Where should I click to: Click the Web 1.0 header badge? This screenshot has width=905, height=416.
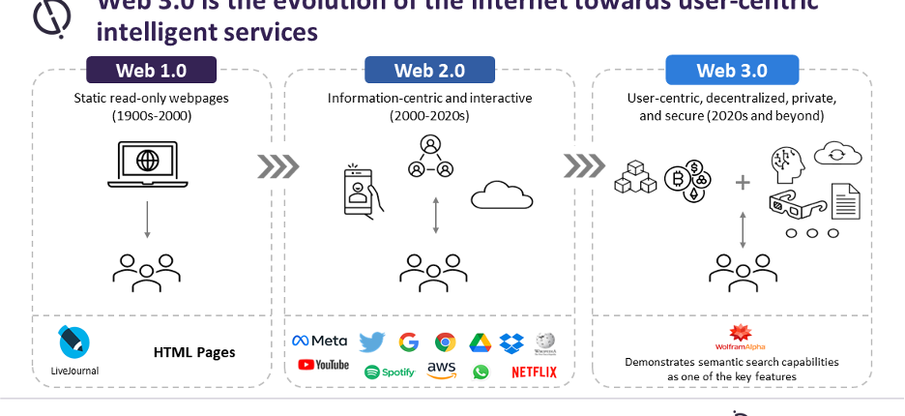click(x=151, y=70)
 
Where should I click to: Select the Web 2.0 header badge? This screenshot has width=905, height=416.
click(x=429, y=70)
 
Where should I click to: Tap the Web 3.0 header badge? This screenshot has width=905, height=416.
click(x=732, y=70)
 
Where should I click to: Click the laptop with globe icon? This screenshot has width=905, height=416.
click(x=147, y=165)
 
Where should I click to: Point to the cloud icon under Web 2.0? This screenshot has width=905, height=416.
click(x=502, y=196)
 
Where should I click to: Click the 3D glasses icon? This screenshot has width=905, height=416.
click(x=796, y=204)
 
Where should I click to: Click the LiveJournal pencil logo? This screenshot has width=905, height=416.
click(x=74, y=342)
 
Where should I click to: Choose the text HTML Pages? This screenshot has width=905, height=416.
click(x=193, y=352)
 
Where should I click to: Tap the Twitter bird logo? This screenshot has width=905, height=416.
click(x=371, y=342)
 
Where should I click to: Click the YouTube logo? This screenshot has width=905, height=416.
click(x=323, y=365)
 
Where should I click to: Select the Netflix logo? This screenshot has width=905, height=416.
click(x=534, y=371)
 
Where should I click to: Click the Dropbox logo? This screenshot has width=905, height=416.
click(x=511, y=342)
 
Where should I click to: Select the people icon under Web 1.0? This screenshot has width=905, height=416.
click(x=147, y=272)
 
